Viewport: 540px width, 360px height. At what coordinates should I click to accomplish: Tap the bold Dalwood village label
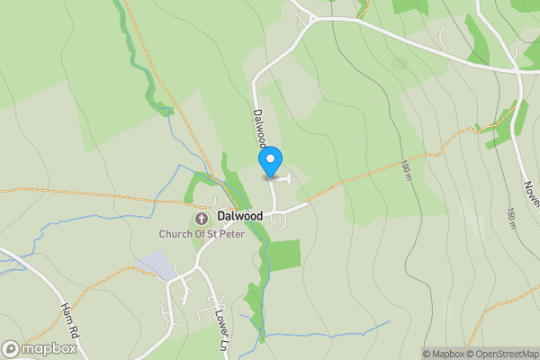[239, 217]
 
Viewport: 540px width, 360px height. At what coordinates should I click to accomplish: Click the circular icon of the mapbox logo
[11, 348]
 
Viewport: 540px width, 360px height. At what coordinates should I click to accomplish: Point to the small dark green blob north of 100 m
[400, 65]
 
